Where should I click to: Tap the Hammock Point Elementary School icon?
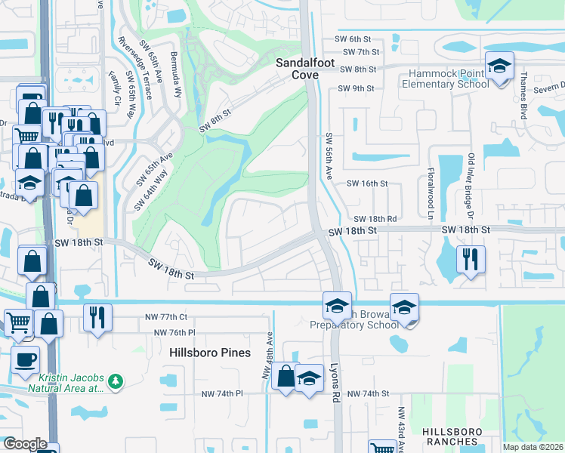pyautogui.click(x=499, y=66)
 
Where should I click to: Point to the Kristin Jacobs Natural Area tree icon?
pyautogui.click(x=116, y=382)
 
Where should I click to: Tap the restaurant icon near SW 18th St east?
pyautogui.click(x=471, y=261)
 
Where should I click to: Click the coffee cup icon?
pyautogui.click(x=25, y=359)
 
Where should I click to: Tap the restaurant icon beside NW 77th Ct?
pyautogui.click(x=97, y=316)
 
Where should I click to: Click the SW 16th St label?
pyautogui.click(x=367, y=183)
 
